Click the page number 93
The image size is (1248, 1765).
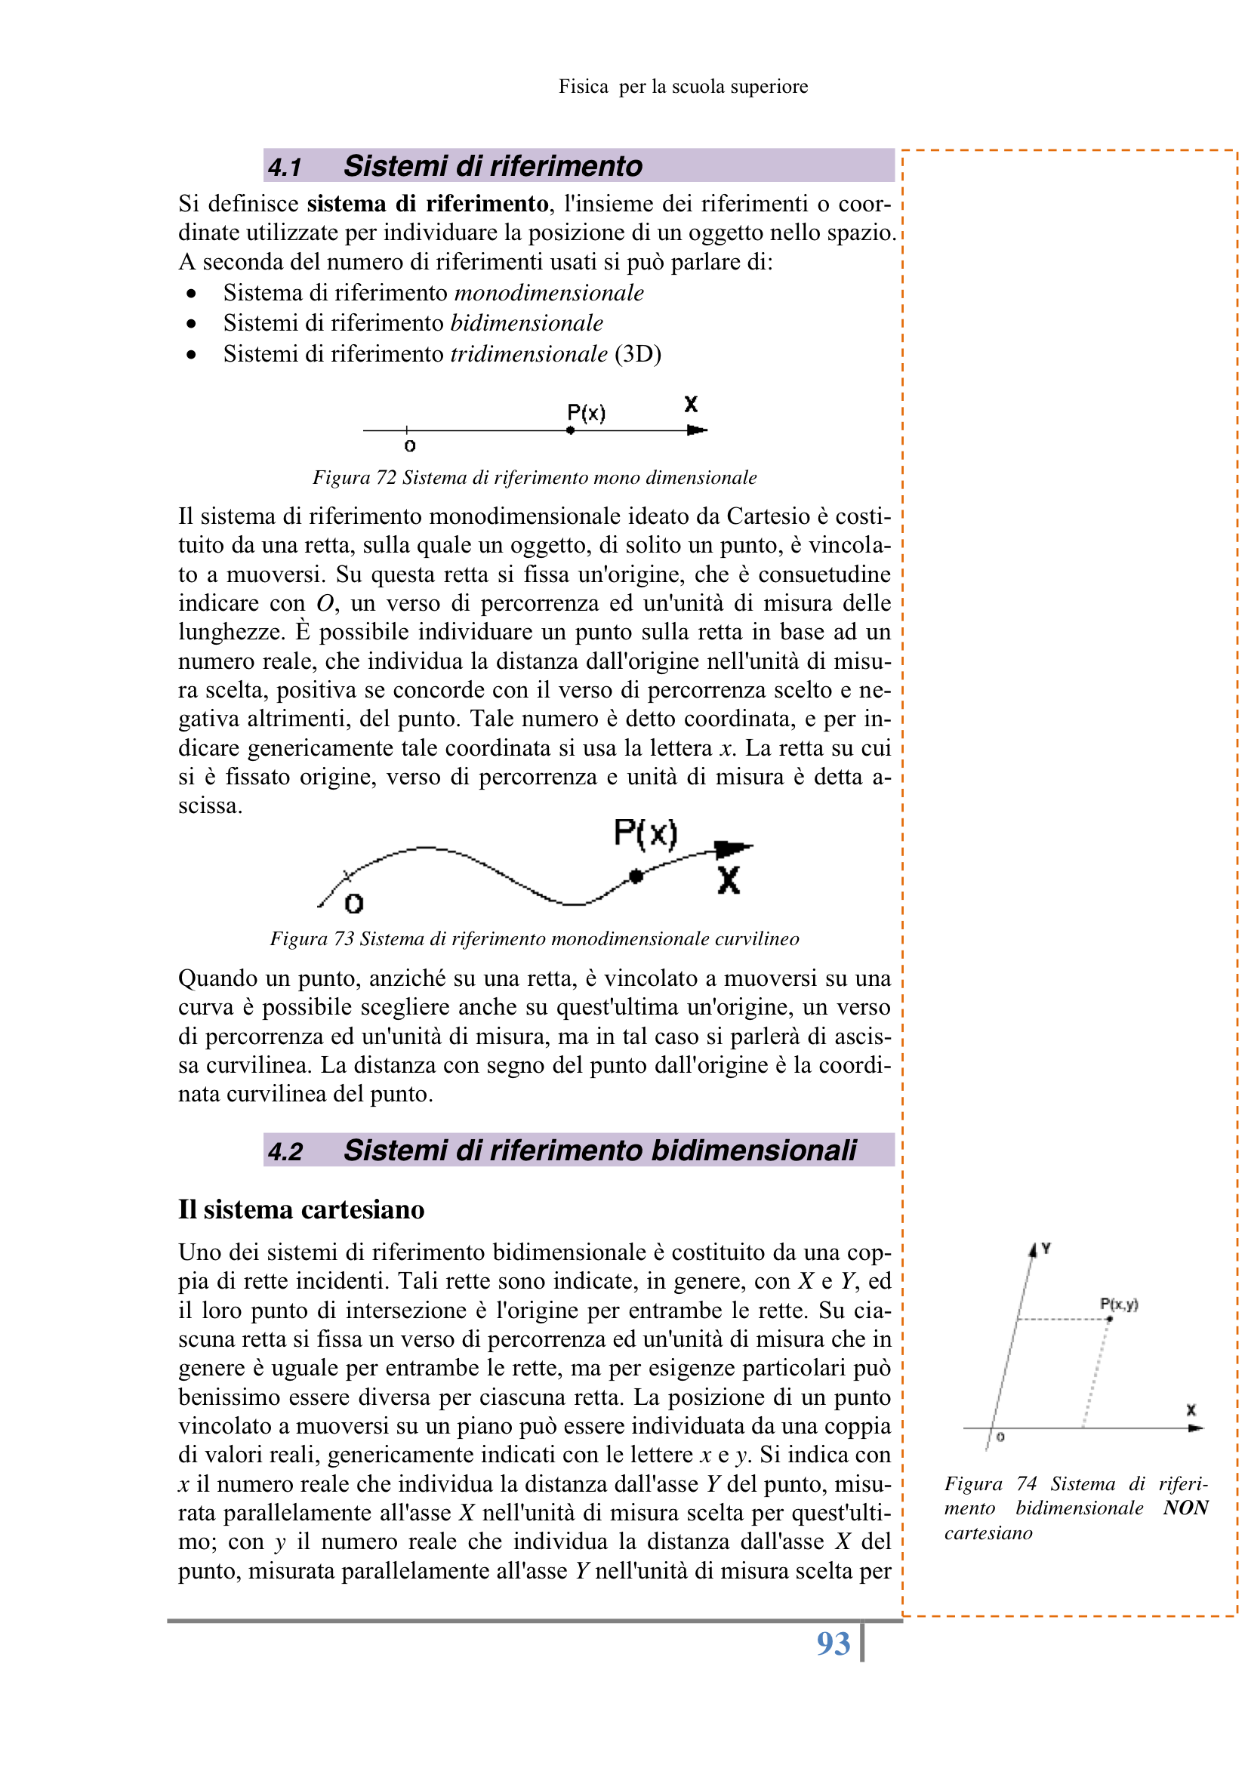pyautogui.click(x=833, y=1643)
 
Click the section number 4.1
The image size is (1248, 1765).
pyautogui.click(x=285, y=167)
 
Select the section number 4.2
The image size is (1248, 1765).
pyautogui.click(x=285, y=1151)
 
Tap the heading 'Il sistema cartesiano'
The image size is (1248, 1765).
pyautogui.click(x=300, y=1209)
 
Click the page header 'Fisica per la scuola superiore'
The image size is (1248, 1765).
pyautogui.click(x=683, y=87)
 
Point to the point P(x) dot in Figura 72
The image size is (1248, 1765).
pyautogui.click(x=570, y=430)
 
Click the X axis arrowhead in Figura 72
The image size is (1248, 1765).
pyautogui.click(x=698, y=430)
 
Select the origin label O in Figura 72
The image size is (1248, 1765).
pyautogui.click(x=410, y=447)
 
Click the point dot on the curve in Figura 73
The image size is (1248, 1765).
pyautogui.click(x=635, y=876)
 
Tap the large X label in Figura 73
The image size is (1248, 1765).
pyautogui.click(x=729, y=880)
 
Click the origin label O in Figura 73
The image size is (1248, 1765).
pyautogui.click(x=354, y=904)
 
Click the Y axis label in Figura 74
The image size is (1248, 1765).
pyautogui.click(x=1046, y=1249)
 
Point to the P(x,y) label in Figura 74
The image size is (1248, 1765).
pyautogui.click(x=1119, y=1304)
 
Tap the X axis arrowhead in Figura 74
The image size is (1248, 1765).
pyautogui.click(x=1195, y=1428)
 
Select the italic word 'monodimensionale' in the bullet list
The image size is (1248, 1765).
pyautogui.click(x=549, y=293)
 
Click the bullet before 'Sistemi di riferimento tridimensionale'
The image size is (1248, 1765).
pyautogui.click(x=192, y=354)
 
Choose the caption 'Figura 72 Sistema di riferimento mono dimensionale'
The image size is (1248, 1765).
pyautogui.click(x=535, y=477)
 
